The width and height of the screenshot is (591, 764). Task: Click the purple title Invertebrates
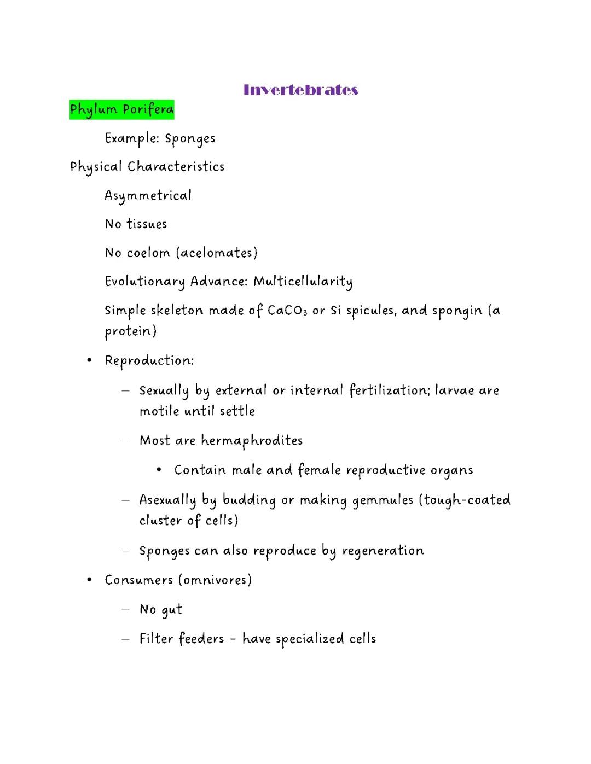[300, 90]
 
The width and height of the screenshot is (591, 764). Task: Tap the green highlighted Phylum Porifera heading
[121, 109]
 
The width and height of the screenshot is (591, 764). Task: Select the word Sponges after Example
[190, 138]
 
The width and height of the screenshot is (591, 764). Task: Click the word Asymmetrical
[148, 196]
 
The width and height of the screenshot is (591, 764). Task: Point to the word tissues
[147, 224]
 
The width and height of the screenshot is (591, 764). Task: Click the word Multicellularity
[303, 282]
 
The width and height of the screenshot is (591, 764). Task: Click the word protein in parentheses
[130, 331]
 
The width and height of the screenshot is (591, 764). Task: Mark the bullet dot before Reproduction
[89, 360]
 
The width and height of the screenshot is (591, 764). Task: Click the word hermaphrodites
[252, 441]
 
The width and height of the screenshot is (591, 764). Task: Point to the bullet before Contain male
[158, 470]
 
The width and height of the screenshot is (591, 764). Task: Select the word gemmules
[382, 500]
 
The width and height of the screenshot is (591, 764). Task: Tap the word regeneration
[383, 551]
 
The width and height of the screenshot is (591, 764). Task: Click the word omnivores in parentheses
[214, 580]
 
